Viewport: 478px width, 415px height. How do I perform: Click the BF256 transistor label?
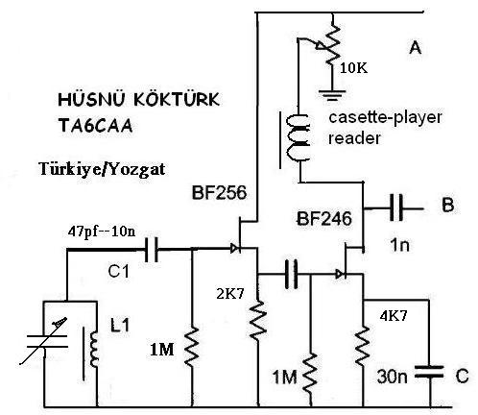220,193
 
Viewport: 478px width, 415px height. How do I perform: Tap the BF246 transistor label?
324,219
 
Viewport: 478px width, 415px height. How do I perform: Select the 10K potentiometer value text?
353,68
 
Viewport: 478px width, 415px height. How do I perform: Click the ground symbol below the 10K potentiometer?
332,96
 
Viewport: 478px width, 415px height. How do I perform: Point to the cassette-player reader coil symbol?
299,137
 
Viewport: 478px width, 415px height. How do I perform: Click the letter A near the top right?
415,48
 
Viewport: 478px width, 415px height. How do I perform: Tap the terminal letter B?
447,205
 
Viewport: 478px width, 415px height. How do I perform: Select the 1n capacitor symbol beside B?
396,208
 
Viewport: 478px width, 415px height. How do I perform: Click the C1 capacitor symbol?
151,250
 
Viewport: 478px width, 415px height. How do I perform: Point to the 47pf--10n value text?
102,232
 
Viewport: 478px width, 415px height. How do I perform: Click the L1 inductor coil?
94,350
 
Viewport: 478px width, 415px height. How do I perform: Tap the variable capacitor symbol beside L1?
47,341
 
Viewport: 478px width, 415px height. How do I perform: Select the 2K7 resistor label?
230,294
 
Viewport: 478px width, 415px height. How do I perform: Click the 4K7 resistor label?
394,316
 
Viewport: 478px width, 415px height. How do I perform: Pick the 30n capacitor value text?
393,377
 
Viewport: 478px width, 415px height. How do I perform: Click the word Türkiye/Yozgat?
102,169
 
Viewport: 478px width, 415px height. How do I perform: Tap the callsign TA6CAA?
95,126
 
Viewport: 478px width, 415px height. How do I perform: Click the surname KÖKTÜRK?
177,99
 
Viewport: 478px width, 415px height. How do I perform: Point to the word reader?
354,138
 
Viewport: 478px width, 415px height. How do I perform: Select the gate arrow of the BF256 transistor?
234,248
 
